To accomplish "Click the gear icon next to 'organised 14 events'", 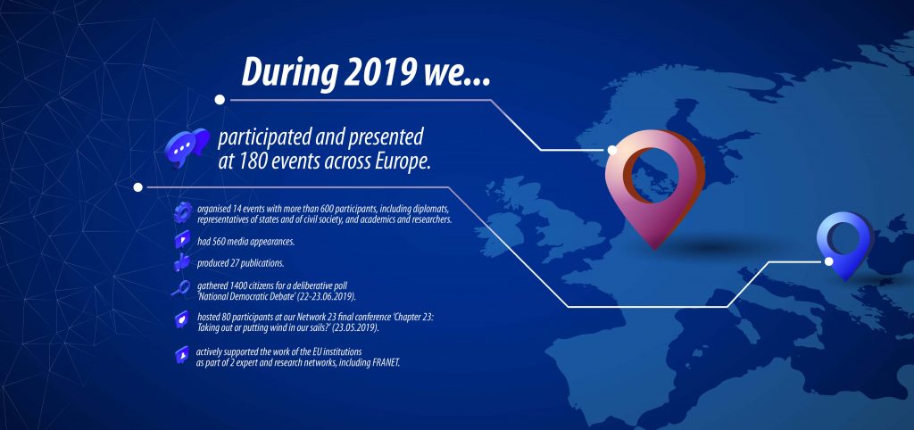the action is point(182,212).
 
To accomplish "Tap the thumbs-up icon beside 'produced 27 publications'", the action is point(181,263).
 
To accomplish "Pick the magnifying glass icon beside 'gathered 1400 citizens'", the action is point(180,288).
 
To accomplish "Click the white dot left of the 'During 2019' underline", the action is point(220,100).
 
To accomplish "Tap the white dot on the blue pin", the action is point(829,261).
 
